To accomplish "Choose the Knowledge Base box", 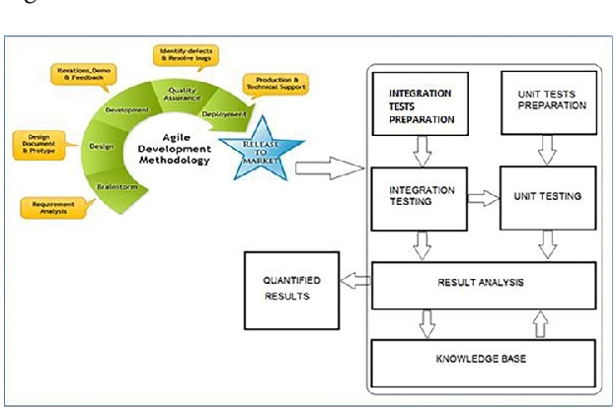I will pyautogui.click(x=481, y=355).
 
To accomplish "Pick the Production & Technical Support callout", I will pyautogui.click(x=273, y=85).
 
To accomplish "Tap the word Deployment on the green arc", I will pyautogui.click(x=223, y=113).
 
